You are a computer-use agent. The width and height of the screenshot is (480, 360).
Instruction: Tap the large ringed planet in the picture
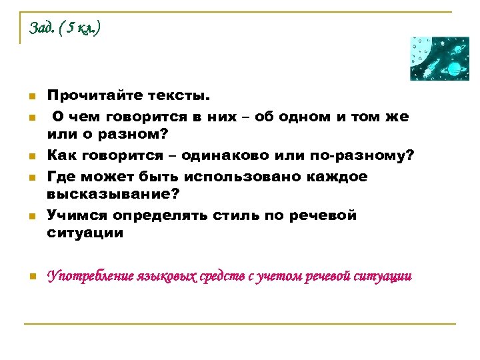click(454, 69)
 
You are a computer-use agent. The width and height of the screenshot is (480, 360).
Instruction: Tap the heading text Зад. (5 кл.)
click(65, 28)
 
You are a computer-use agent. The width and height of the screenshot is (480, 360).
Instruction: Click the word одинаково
click(242, 155)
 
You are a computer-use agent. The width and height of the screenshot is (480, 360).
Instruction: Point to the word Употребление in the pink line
click(89, 276)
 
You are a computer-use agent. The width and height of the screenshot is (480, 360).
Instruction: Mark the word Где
click(60, 177)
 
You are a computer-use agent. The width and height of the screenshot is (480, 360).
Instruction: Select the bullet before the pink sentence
click(31, 277)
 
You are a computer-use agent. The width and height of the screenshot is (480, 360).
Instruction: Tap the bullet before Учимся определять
click(31, 217)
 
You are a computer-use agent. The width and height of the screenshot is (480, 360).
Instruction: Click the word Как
click(61, 155)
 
